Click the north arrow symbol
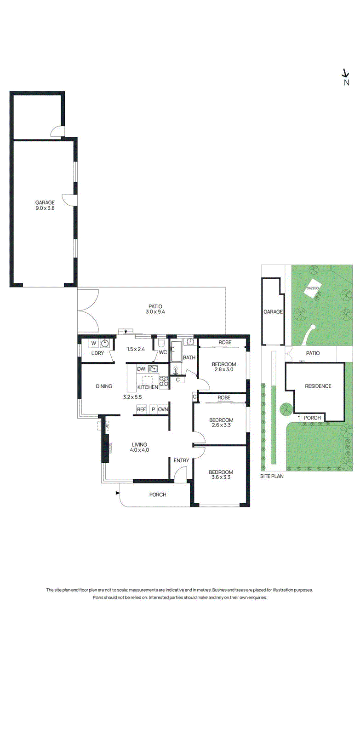pyautogui.click(x=345, y=74)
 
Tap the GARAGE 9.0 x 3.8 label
pyautogui.click(x=45, y=205)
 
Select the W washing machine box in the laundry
pyautogui.click(x=94, y=343)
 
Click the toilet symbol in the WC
pyautogui.click(x=161, y=343)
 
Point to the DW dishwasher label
pyautogui.click(x=141, y=369)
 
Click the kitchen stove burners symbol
pyautogui.click(x=164, y=381)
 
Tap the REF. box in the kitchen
pyautogui.click(x=141, y=409)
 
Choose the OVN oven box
pyautogui.click(x=163, y=409)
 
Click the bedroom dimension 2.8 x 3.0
pyautogui.click(x=224, y=369)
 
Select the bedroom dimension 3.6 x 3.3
pyautogui.click(x=221, y=477)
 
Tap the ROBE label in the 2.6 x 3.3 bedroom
pyautogui.click(x=224, y=397)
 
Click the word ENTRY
pyautogui.click(x=181, y=460)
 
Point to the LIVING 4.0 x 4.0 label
pyautogui.click(x=139, y=447)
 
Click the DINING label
pyautogui.click(x=104, y=386)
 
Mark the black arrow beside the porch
pyautogui.click(x=118, y=494)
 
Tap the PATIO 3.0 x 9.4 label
pyautogui.click(x=155, y=309)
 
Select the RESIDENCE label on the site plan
pyautogui.click(x=318, y=386)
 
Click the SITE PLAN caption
pyautogui.click(x=272, y=476)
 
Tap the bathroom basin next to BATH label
pyautogui.click(x=189, y=342)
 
